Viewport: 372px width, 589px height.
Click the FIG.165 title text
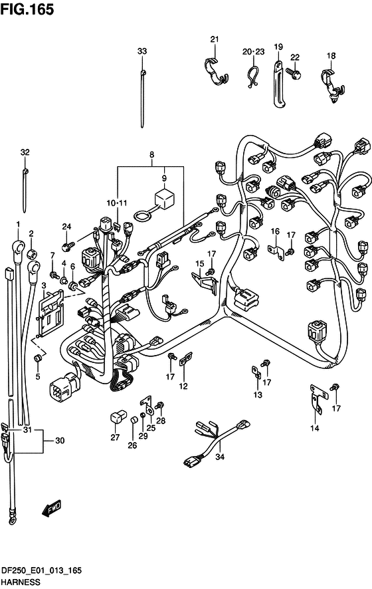pos(27,9)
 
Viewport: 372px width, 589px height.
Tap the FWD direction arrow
pos(51,509)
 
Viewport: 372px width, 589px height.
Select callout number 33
pos(142,51)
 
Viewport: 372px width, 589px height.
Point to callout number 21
pos(215,39)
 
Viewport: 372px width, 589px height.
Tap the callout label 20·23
pos(253,51)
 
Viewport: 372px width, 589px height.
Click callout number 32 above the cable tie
pos(25,152)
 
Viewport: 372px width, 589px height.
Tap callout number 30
pos(60,440)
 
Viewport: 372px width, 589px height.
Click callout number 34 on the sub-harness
pos(220,457)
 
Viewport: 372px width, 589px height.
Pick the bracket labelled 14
pos(318,399)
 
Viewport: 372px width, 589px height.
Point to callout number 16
pos(275,231)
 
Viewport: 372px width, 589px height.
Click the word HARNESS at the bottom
pos(21,582)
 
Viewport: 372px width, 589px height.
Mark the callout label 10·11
pos(117,203)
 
